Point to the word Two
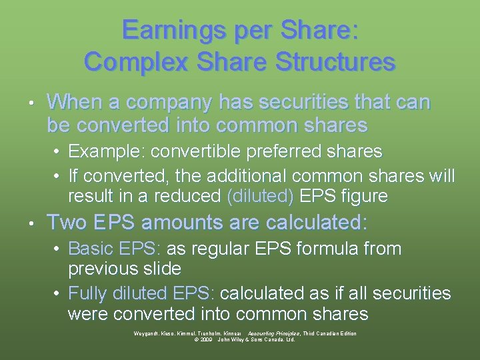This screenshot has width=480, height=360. tap(65, 222)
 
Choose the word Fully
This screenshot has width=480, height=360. tap(86, 293)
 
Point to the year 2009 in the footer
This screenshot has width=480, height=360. tap(204, 339)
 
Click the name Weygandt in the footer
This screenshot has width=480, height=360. tap(147, 333)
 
